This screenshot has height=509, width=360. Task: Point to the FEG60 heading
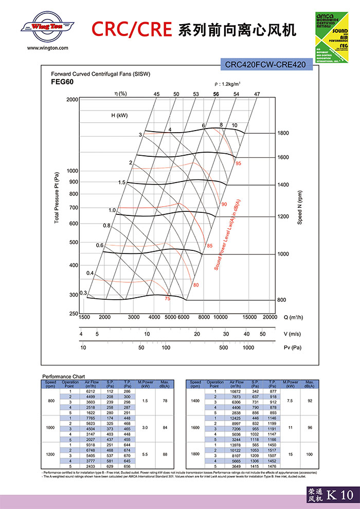(63, 82)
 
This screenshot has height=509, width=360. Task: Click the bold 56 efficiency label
(216, 94)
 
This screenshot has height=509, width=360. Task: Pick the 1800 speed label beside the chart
(283, 133)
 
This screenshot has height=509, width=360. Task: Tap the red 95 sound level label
(238, 163)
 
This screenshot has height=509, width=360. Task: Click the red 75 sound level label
(167, 299)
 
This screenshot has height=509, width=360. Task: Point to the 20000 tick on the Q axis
(270, 317)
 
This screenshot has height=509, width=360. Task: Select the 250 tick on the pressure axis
(74, 314)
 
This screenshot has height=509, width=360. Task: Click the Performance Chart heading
(64, 377)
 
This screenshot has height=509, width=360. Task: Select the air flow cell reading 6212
(92, 392)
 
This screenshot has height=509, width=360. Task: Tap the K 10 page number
(340, 495)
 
